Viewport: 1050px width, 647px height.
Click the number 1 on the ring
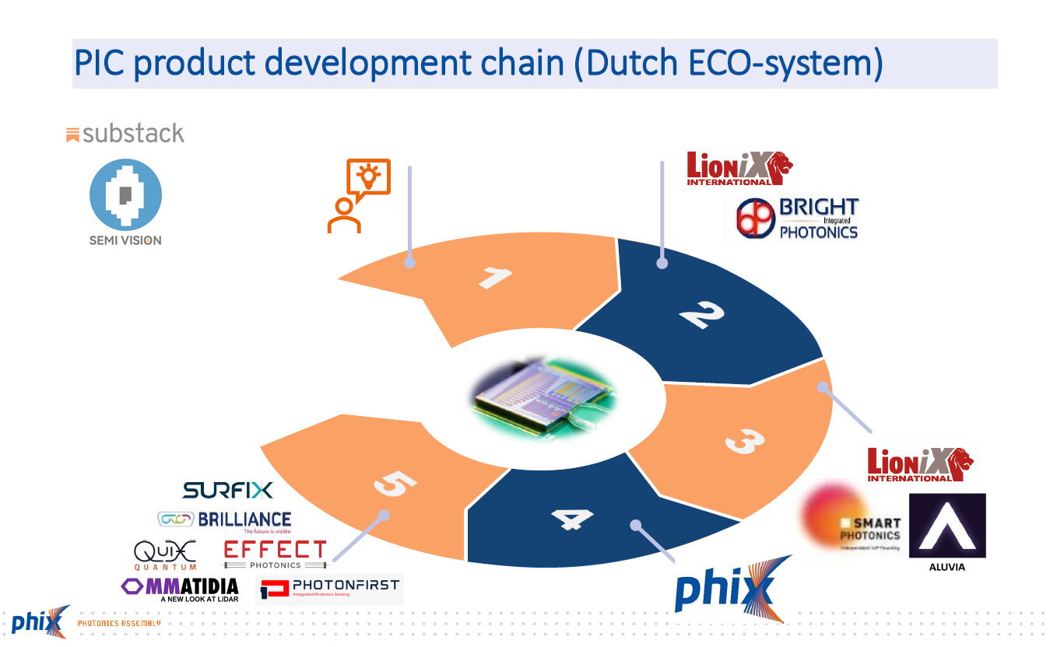pos(496,278)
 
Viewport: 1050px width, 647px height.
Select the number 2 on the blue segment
pos(701,315)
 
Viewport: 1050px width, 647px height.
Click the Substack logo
pos(125,134)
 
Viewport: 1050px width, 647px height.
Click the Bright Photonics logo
pos(797,219)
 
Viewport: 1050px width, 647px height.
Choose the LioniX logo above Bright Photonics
pos(739,168)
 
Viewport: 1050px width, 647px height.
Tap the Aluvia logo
pos(947,530)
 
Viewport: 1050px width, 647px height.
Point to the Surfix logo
pos(227,490)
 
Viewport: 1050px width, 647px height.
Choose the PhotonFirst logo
pos(330,589)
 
